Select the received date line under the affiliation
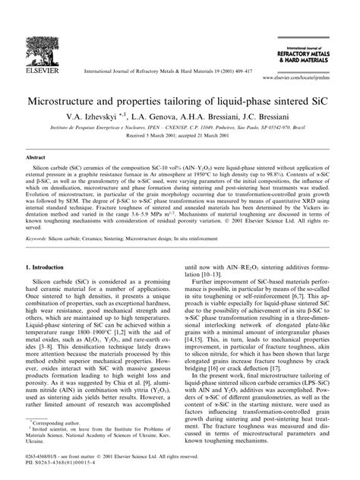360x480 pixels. (x=180, y=138)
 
